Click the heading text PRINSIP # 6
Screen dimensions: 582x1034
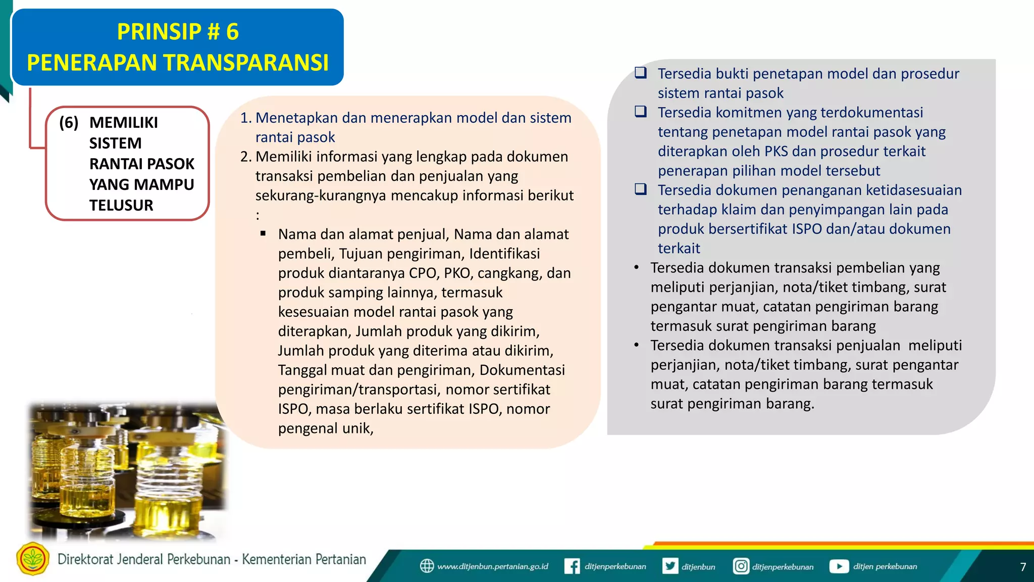178,32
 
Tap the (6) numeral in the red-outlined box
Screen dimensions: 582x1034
69,122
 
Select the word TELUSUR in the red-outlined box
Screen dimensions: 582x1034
121,205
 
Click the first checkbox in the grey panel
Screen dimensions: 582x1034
641,73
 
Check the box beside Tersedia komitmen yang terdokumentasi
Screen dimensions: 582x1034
641,112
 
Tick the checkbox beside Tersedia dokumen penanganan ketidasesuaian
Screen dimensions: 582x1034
641,189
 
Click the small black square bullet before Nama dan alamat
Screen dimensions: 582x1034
263,233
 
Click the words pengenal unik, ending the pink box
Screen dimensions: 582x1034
326,428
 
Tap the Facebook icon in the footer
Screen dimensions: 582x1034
572,566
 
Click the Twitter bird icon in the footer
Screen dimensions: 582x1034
670,566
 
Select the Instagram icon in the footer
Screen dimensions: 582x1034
740,566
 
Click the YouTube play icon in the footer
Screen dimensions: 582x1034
839,566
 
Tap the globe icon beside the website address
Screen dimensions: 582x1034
427,566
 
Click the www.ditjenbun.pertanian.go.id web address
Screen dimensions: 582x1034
492,566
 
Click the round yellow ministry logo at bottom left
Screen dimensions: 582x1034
33,559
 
